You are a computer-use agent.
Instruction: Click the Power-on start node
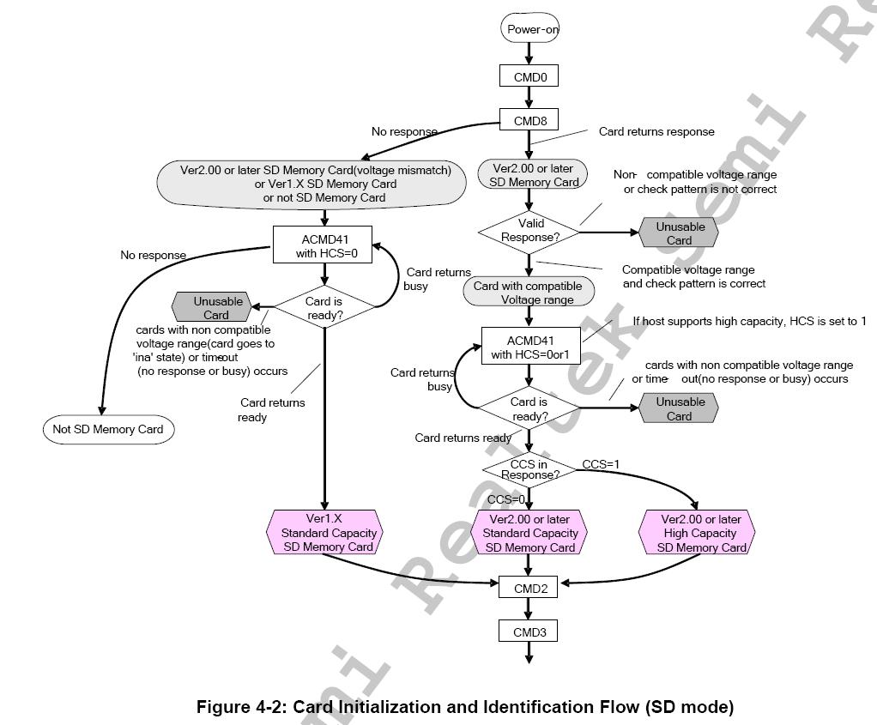tap(529, 29)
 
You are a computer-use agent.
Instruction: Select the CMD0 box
tap(529, 76)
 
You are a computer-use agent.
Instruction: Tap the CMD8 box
tap(529, 121)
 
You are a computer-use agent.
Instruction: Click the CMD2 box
tap(529, 588)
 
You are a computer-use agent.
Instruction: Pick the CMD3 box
tap(529, 632)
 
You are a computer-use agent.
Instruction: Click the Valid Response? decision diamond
tap(529, 230)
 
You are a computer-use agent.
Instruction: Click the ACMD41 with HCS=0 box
tap(324, 244)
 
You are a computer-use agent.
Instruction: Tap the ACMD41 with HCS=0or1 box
tap(530, 347)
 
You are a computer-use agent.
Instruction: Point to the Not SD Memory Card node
tap(108, 429)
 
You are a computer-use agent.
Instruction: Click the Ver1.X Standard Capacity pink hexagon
tap(324, 533)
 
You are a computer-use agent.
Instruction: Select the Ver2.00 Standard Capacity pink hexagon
tap(529, 533)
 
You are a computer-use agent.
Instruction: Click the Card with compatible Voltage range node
tap(528, 293)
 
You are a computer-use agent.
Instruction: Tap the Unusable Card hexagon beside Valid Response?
tap(680, 233)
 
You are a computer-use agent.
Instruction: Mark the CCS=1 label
tap(601, 464)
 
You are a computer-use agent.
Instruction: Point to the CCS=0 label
tap(505, 499)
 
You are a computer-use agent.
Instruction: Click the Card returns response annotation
tap(656, 132)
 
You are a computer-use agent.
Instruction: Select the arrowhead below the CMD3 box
tap(529, 658)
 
